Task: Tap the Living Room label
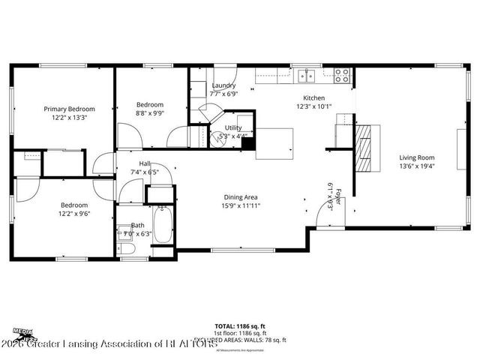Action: click(416, 157)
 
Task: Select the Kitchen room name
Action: click(313, 98)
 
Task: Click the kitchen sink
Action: click(305, 74)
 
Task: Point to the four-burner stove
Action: click(341, 74)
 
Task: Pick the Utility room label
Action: click(233, 127)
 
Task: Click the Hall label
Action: click(145, 163)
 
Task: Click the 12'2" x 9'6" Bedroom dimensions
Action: click(74, 214)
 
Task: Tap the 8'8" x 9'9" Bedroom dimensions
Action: click(150, 113)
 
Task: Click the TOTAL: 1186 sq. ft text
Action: click(240, 326)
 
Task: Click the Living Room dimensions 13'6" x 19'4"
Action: click(416, 166)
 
